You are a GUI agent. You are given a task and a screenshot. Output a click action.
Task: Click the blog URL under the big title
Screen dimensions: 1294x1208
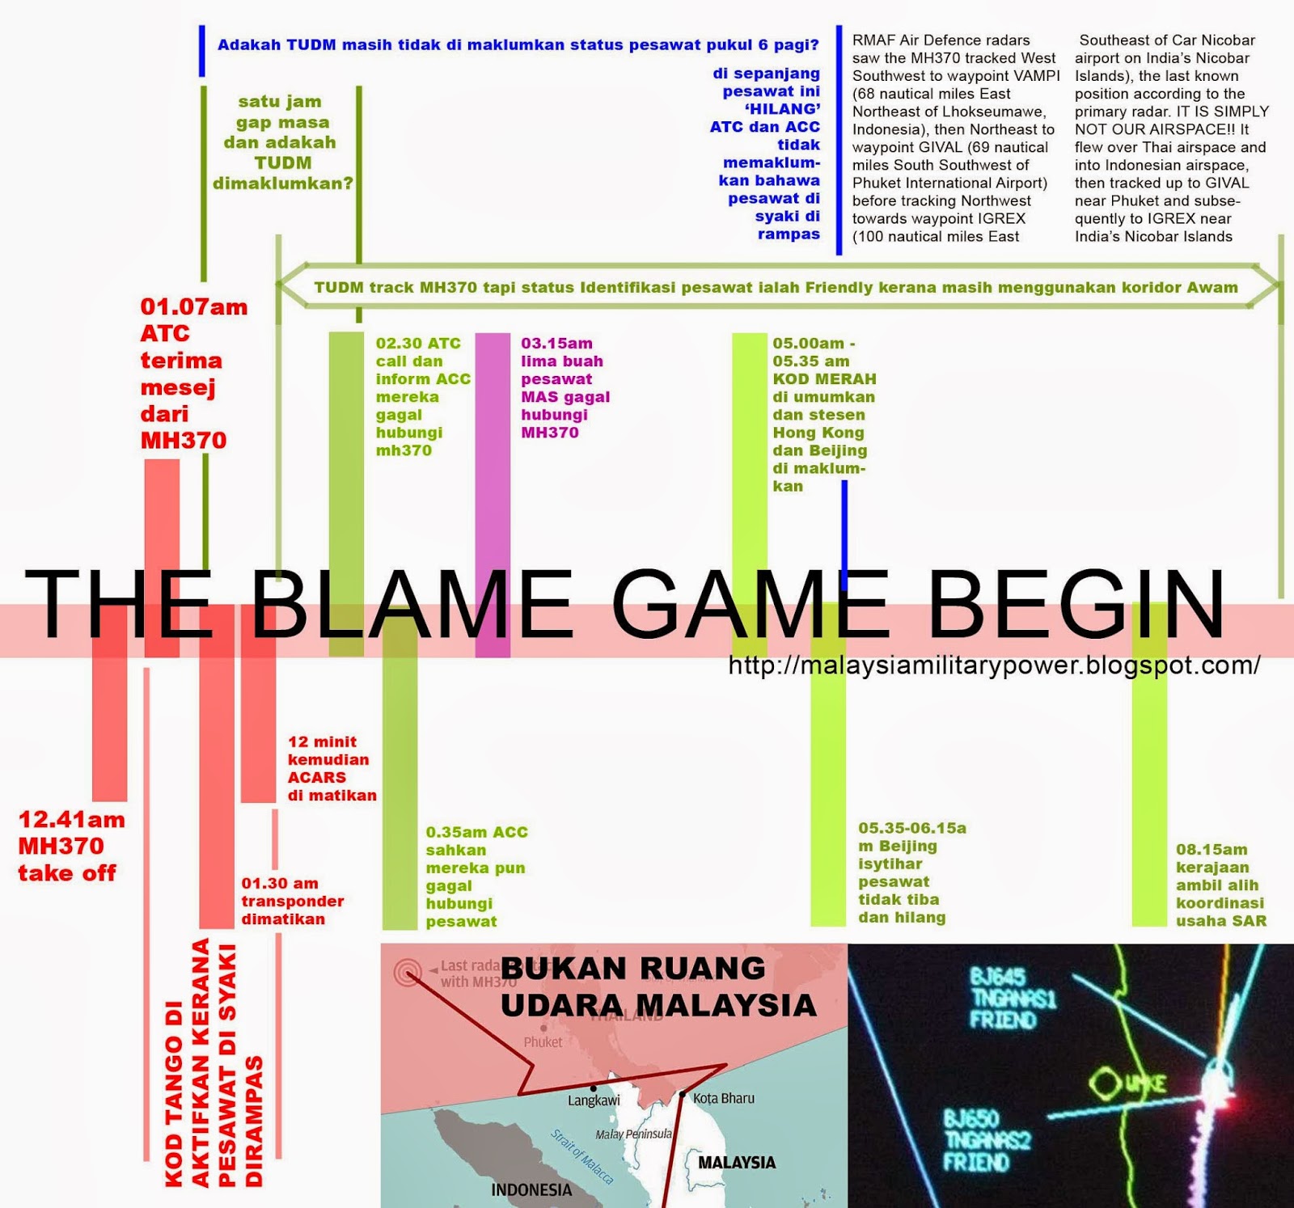click(993, 665)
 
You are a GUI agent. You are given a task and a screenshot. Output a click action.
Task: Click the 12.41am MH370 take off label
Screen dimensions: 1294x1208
click(71, 846)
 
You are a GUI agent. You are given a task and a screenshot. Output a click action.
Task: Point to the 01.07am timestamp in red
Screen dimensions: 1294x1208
click(194, 307)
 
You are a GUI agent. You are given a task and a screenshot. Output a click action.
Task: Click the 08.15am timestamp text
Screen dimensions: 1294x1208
click(1212, 850)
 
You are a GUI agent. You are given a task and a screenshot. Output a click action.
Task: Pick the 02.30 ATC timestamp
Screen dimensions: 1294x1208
click(418, 344)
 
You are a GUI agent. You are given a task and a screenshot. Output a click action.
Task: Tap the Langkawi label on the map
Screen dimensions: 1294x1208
click(594, 1101)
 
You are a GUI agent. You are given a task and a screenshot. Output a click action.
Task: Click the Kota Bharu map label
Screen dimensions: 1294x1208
click(724, 1098)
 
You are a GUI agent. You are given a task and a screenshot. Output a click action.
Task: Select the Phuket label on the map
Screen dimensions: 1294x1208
click(543, 1042)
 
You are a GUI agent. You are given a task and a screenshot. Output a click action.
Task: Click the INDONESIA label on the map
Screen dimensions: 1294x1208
click(531, 1189)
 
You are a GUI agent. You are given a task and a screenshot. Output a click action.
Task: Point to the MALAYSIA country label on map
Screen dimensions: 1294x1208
click(736, 1163)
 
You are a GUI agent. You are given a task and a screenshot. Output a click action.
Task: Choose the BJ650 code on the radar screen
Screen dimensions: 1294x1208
click(970, 1120)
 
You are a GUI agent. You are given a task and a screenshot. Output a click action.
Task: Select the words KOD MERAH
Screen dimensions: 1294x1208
click(824, 379)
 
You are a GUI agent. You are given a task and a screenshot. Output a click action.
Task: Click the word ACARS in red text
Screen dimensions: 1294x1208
click(317, 777)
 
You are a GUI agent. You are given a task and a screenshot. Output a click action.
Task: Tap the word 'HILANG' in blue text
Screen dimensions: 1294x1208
click(782, 109)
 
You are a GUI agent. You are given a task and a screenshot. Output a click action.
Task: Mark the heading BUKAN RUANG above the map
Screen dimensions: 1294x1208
click(633, 969)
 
